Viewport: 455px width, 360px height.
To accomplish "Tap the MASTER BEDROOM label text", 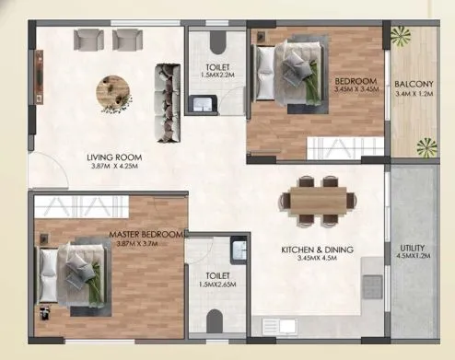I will [148, 234].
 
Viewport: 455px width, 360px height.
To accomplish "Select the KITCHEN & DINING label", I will [320, 250].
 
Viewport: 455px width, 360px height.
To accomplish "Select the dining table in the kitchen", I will [318, 198].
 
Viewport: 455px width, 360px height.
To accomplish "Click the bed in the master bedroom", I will [76, 273].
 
